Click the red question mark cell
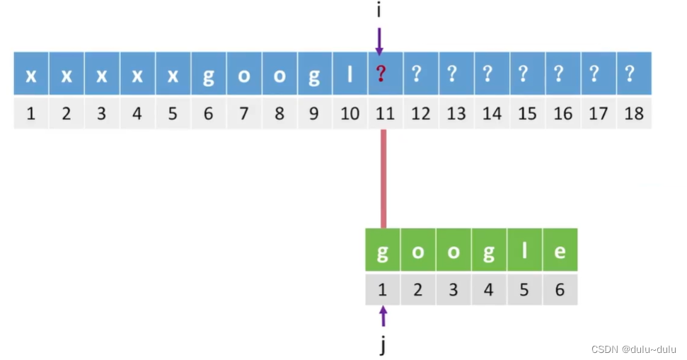coord(385,74)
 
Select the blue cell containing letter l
coord(350,74)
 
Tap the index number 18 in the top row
coord(634,113)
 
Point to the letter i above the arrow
coord(379,10)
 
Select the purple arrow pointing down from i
coord(379,41)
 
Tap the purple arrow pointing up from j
coord(383,316)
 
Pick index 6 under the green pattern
coord(560,290)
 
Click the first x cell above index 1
coord(31,74)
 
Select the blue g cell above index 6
coord(208,74)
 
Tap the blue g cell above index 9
coord(314,74)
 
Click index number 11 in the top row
coord(385,113)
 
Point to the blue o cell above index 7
coord(243,74)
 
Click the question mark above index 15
coord(527,74)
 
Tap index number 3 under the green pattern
coord(454,290)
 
